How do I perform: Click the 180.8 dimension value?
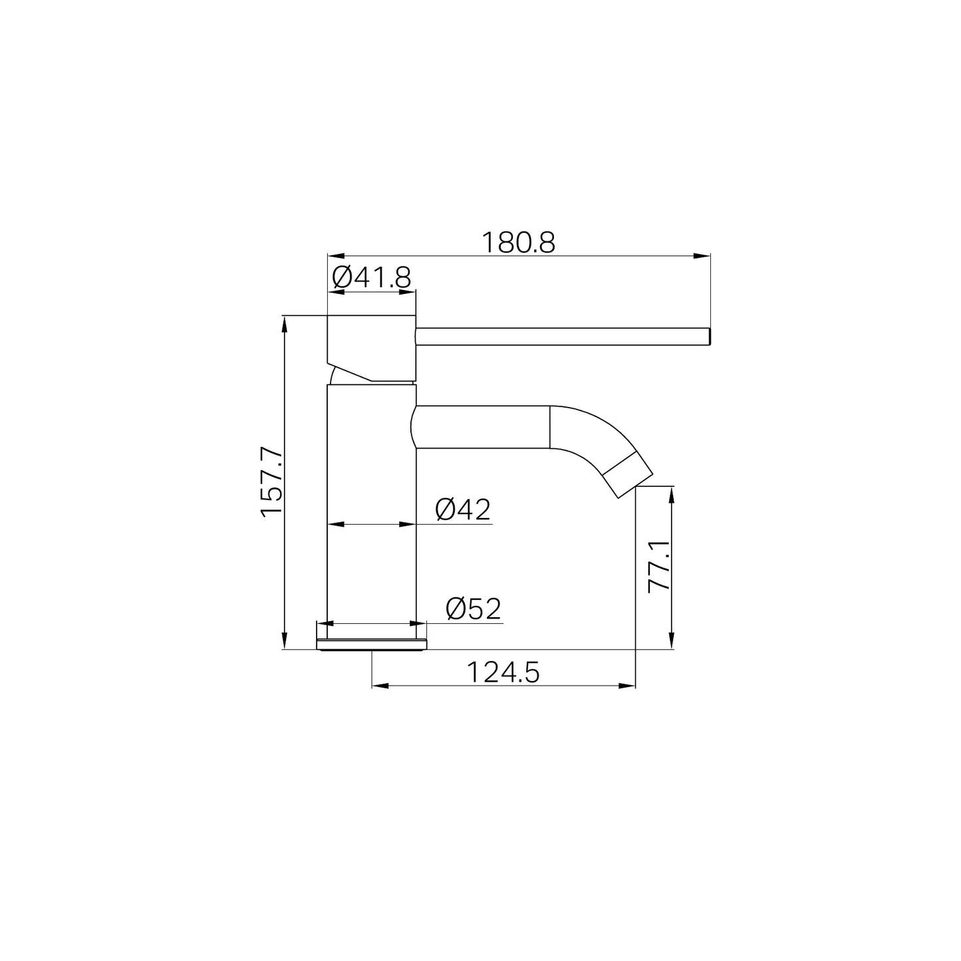517,243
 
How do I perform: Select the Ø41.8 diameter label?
372,277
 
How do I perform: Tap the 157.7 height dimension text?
272,481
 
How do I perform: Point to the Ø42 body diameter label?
463,509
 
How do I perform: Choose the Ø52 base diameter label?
474,609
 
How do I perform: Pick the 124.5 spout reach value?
503,672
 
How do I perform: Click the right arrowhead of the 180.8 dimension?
702,256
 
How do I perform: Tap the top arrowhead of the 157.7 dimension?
285,325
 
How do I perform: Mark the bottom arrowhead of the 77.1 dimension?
672,641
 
